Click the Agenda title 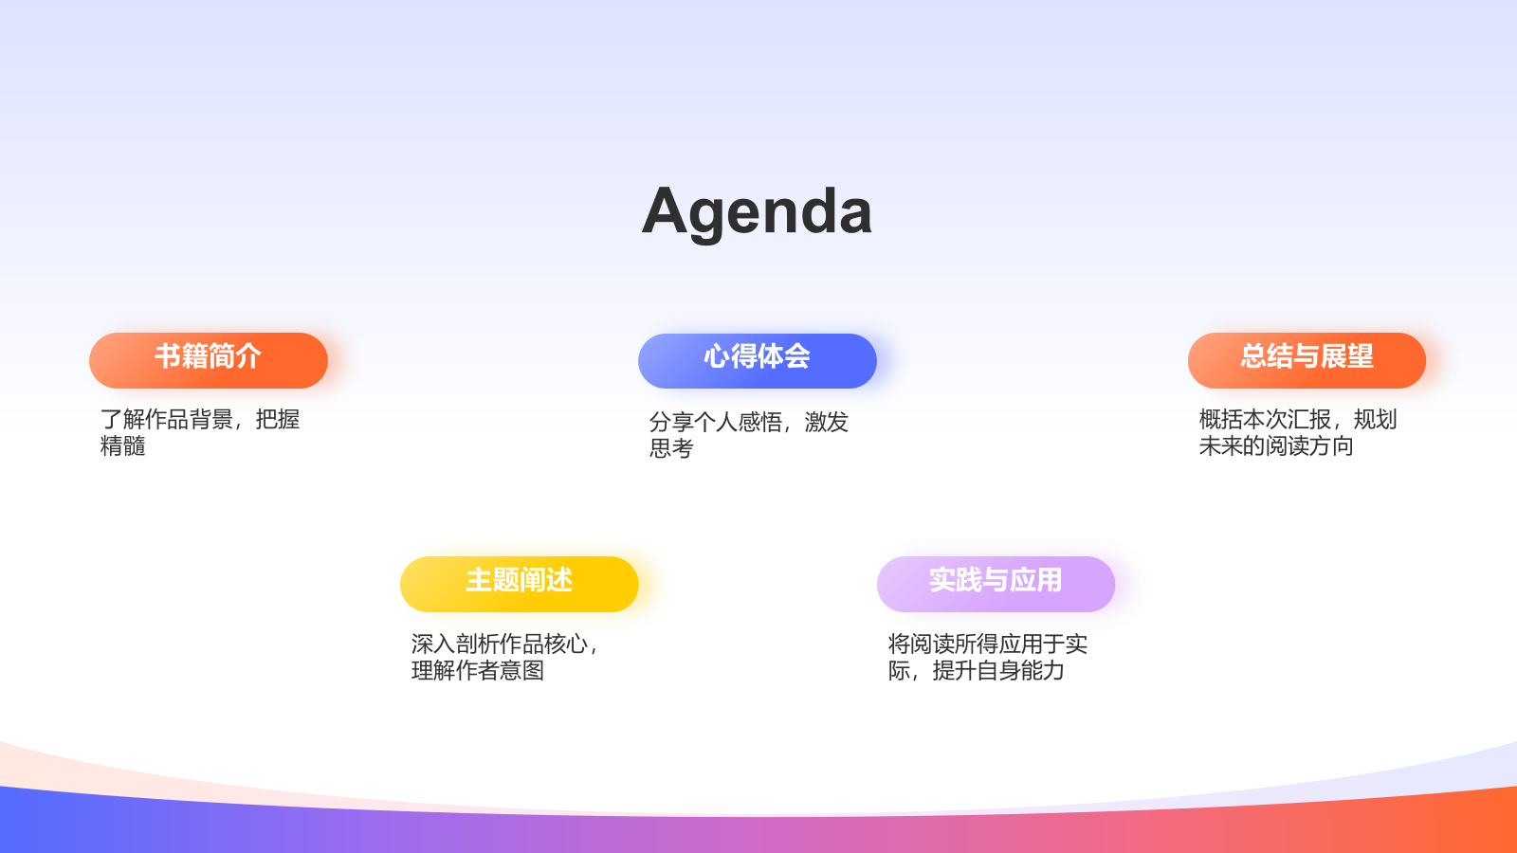click(757, 211)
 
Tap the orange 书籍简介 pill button click(209, 359)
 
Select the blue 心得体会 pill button click(757, 360)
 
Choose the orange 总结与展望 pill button click(1307, 359)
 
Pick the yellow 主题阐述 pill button click(519, 583)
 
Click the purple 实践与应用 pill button click(996, 583)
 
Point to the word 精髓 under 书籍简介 click(123, 446)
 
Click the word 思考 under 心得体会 click(671, 449)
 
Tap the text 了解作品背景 click(167, 420)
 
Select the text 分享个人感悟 click(716, 423)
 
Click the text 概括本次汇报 click(1265, 420)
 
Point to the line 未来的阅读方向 click(1276, 446)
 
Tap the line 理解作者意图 click(478, 671)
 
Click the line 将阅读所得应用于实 click(988, 644)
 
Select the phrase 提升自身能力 click(998, 671)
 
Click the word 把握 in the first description click(278, 420)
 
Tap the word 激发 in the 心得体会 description click(827, 423)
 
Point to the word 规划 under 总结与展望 click(1376, 420)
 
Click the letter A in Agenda click(665, 211)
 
